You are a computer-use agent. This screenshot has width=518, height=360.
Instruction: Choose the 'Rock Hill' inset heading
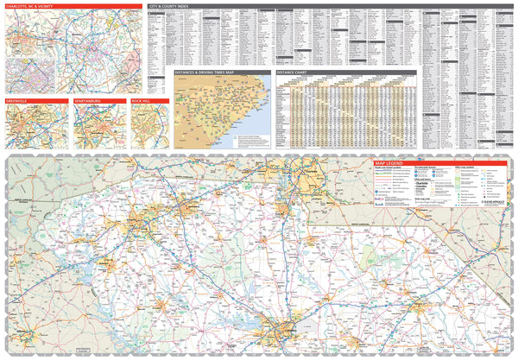(x=141, y=101)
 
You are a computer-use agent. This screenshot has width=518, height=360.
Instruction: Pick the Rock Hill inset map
(x=149, y=127)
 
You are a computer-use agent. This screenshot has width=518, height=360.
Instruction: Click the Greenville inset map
(x=35, y=127)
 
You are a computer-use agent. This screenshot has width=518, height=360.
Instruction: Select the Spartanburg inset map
(x=99, y=127)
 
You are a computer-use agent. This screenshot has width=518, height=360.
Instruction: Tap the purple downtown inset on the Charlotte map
(x=30, y=73)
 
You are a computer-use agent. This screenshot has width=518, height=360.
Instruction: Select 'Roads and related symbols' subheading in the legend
(x=388, y=168)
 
